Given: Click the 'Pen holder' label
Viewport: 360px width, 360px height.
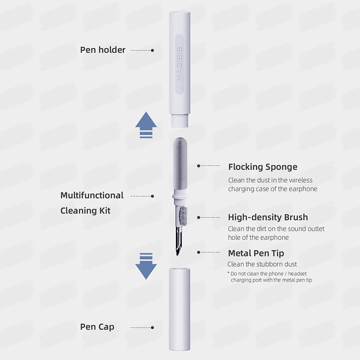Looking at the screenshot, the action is [x=103, y=50].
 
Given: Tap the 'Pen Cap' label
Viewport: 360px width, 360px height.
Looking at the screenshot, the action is [x=97, y=327].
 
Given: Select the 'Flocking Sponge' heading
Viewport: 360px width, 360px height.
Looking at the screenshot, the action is [x=263, y=167].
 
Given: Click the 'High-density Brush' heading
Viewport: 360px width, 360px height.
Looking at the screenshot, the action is [x=268, y=217].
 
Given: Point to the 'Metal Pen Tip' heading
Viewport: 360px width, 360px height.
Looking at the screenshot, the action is [x=256, y=253].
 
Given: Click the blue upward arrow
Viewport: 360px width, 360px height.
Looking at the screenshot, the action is [x=146, y=125].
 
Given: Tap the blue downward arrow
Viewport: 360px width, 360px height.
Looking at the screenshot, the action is [x=146, y=266].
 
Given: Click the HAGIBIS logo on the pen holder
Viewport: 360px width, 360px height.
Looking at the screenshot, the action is [x=180, y=63].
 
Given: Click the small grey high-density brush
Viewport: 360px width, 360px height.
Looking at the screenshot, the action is [x=183, y=216].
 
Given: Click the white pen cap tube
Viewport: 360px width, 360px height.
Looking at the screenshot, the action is [x=180, y=309].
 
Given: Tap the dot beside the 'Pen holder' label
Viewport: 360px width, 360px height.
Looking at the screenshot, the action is [x=153, y=50].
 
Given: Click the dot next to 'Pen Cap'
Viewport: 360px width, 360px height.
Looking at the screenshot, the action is [x=153, y=328].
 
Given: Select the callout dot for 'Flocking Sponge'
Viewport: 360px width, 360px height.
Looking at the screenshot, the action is [x=198, y=166].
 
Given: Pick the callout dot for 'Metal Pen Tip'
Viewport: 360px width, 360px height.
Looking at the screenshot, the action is [x=198, y=252].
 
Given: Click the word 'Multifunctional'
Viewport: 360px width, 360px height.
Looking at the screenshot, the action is [x=92, y=195].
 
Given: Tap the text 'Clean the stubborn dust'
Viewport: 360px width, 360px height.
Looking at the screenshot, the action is [x=262, y=264].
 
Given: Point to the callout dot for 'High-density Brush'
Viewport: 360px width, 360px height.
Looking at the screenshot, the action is [x=198, y=217].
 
